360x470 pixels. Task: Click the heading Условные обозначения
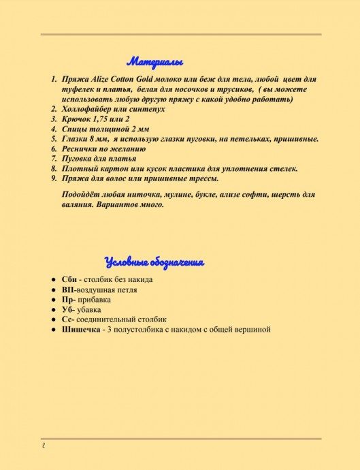pos(154,262)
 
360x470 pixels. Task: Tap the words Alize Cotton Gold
pos(117,80)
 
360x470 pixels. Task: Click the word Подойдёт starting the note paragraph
pos(80,195)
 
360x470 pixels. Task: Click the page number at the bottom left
pos(42,446)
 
